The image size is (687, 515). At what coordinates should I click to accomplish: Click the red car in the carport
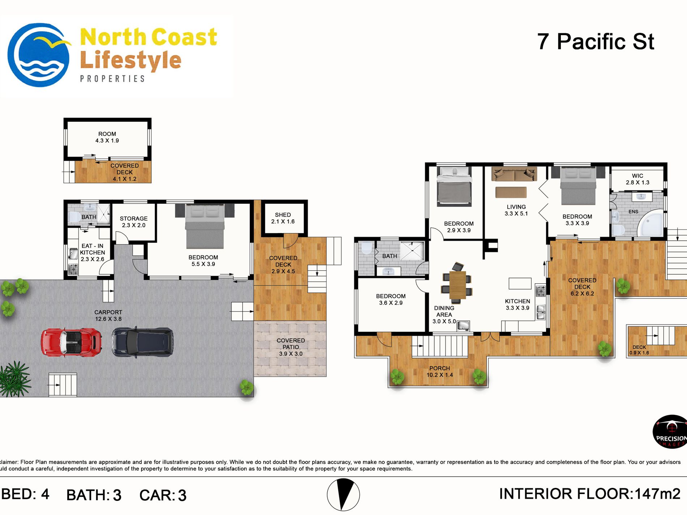tap(71, 342)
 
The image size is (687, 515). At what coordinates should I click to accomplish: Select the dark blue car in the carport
tap(142, 342)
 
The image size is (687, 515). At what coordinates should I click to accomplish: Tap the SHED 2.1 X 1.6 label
tap(283, 218)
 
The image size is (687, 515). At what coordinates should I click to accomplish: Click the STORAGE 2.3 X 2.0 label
tap(134, 222)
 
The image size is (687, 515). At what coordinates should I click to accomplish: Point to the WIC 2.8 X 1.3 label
tap(637, 179)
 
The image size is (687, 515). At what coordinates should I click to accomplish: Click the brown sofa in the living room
tap(514, 174)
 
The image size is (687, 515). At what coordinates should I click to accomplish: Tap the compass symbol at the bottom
tap(343, 495)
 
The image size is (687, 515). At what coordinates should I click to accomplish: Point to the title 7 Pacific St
tap(596, 42)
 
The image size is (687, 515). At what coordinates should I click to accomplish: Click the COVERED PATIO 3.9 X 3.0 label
tap(291, 347)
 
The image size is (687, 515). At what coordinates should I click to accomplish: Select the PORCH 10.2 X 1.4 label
tap(440, 372)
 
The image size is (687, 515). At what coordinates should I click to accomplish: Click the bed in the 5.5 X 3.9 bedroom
tap(205, 226)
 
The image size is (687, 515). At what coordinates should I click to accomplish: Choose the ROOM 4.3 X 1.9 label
tap(107, 137)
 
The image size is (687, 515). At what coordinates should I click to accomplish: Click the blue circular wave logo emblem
tap(39, 55)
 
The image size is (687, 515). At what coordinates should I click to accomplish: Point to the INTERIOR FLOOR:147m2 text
tap(590, 494)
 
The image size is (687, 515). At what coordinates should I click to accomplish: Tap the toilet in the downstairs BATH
tap(74, 217)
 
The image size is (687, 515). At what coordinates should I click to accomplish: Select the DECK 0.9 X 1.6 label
tap(639, 350)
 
